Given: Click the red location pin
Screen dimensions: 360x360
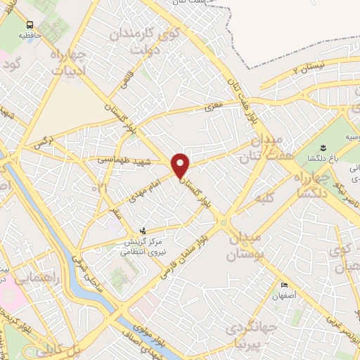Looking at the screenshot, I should point(181,165).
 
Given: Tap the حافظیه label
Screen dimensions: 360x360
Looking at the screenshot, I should point(30,34).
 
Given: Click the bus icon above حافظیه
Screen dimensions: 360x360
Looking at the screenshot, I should point(30,24).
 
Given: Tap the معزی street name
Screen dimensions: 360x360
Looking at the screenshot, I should point(212,107).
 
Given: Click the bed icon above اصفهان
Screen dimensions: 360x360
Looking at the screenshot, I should point(284,285).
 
